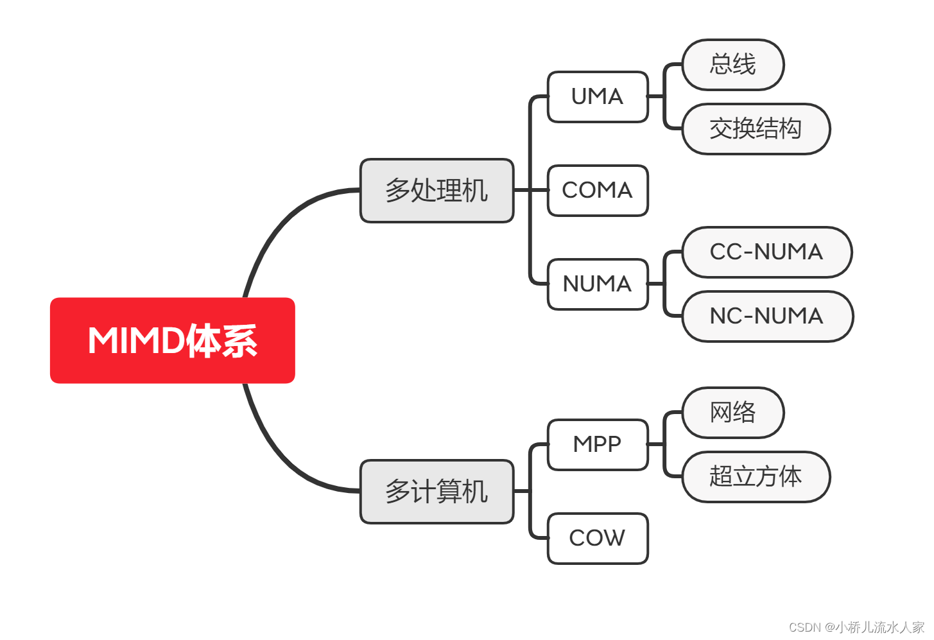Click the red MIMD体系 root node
click(x=172, y=340)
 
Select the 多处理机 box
click(x=437, y=191)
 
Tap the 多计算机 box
click(x=437, y=492)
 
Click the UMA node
click(x=597, y=97)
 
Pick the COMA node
click(x=597, y=191)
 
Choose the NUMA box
click(x=597, y=284)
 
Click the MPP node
click(x=597, y=445)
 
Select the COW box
click(x=597, y=539)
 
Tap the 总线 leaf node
click(x=732, y=65)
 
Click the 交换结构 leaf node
click(x=756, y=129)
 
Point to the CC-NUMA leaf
click(x=766, y=252)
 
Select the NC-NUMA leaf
click(x=767, y=316)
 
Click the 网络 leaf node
click(x=732, y=413)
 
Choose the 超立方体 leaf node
click(x=756, y=477)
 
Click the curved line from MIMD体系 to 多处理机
click(x=276, y=225)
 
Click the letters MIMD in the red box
click(x=135, y=340)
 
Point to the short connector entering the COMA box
click(x=539, y=191)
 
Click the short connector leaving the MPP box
click(x=656, y=444)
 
